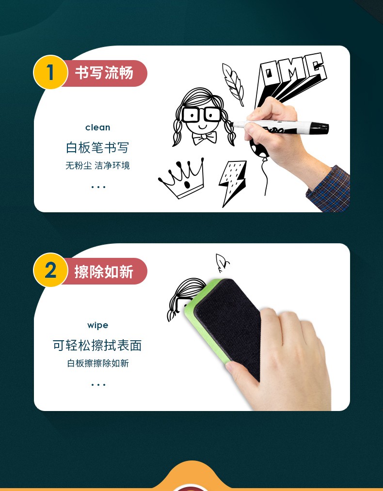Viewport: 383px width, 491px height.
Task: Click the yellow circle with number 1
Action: tap(50, 72)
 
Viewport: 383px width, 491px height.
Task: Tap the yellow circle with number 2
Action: tap(50, 270)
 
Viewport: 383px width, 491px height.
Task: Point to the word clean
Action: tap(98, 127)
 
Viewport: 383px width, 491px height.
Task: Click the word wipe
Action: tap(98, 325)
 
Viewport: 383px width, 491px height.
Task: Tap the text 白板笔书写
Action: tap(97, 147)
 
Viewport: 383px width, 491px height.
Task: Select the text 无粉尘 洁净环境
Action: tap(97, 165)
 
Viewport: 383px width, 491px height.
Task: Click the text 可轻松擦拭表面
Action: tap(97, 346)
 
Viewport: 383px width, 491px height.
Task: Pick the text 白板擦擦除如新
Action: tap(98, 363)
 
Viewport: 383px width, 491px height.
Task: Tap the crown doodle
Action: tap(182, 178)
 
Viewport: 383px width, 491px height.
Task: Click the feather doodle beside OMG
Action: tap(233, 84)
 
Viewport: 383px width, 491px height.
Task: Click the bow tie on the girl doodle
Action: tap(205, 138)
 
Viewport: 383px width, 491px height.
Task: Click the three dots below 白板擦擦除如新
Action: tap(98, 385)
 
